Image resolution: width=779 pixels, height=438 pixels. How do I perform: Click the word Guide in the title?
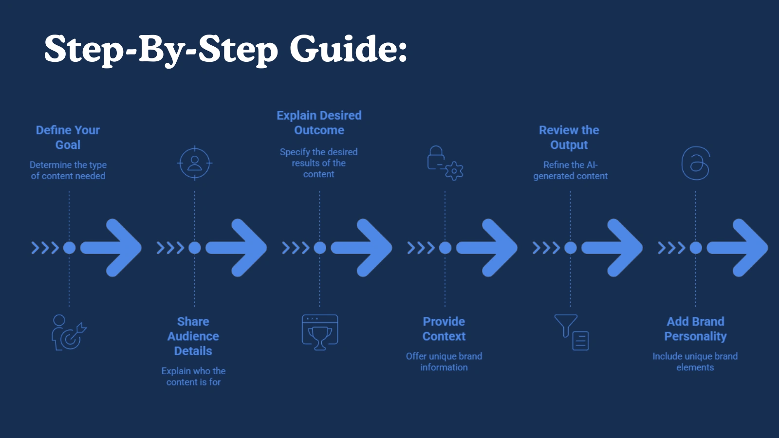[348, 49]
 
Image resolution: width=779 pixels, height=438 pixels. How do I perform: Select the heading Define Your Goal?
[68, 137]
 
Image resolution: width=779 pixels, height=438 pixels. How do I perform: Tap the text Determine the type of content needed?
[68, 170]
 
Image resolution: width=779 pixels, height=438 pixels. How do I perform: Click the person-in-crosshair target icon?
[194, 163]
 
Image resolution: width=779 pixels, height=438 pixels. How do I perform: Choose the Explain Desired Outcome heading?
[319, 123]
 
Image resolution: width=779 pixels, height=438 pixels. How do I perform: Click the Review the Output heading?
[569, 137]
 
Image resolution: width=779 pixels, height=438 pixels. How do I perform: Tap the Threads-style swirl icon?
[695, 163]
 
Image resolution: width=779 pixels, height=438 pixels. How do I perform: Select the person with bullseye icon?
[68, 332]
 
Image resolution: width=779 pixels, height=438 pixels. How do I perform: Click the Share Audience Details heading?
[193, 336]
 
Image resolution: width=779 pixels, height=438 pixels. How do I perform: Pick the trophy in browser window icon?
[320, 332]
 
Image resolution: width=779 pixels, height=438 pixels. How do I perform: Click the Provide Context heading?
[444, 328]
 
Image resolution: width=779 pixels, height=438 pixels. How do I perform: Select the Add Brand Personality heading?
[695, 328]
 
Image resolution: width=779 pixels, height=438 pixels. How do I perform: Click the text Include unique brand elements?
[695, 362]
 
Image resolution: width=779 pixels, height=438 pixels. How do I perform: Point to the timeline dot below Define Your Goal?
[69, 248]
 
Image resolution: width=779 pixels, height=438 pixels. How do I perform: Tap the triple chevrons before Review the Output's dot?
[545, 248]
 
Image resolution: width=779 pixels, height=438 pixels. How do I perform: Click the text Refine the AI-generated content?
[570, 170]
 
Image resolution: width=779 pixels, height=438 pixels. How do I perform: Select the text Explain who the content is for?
[193, 376]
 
